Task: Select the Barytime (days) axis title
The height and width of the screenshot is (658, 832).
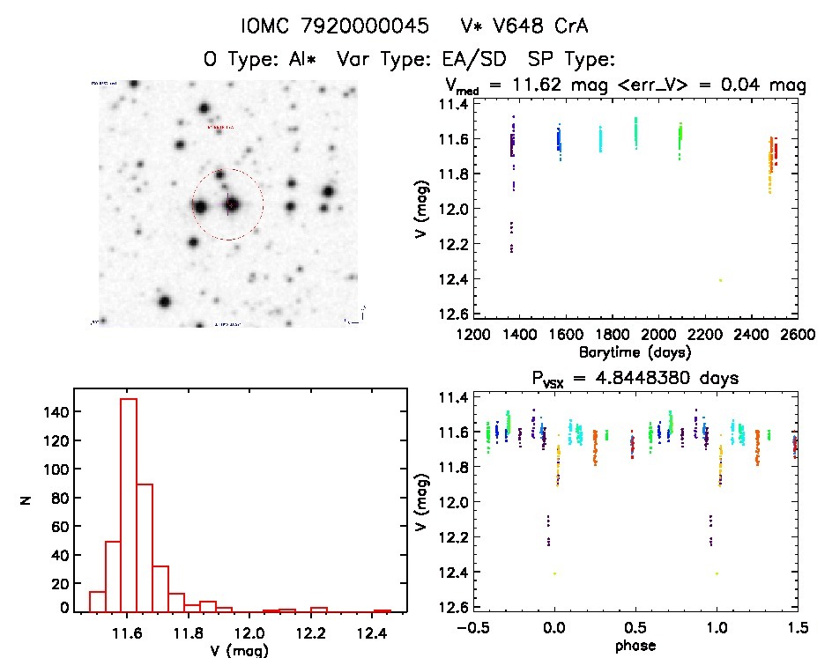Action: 635,351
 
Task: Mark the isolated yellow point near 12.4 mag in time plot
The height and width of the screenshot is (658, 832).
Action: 721,280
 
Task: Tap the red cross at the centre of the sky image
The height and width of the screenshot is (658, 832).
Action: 230,204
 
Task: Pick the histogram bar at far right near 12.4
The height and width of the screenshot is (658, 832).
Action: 382,611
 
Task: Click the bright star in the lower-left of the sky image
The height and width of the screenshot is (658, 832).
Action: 164,301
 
